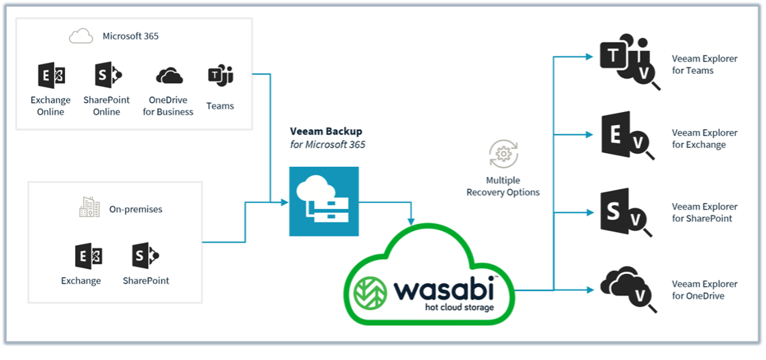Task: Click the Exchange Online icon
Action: (51, 76)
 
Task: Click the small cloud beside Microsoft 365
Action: (81, 36)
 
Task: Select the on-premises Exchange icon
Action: (89, 256)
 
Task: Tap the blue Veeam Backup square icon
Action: (324, 202)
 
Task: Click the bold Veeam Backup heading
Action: (326, 131)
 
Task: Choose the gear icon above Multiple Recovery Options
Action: (503, 154)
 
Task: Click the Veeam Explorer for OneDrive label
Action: (705, 290)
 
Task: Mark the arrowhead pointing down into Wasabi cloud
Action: (411, 221)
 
